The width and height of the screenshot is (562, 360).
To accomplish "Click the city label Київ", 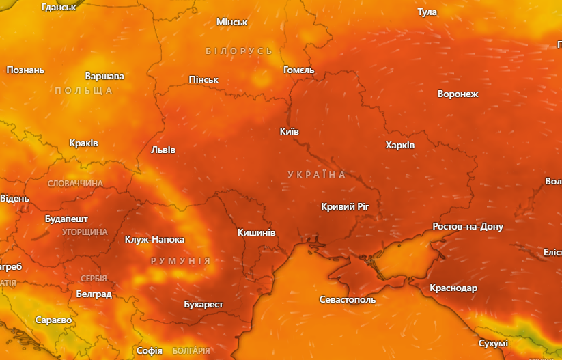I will click(290, 131).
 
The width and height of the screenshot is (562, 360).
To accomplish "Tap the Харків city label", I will click(400, 145).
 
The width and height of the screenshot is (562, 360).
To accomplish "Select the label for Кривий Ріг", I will click(348, 206).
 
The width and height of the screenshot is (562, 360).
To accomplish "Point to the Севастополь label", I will click(348, 299).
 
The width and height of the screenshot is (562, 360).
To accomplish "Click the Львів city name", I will click(163, 150).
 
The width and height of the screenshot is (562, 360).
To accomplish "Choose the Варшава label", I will click(104, 76).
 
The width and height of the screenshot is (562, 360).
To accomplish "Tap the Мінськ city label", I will click(231, 23).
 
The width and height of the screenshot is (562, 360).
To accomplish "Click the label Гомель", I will click(298, 70).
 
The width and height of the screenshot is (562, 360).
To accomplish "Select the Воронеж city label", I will click(458, 94).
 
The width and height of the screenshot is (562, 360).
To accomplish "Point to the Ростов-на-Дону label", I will click(468, 226).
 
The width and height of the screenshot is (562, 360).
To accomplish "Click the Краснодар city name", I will click(453, 288).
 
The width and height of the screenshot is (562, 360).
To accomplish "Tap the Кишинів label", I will click(257, 233).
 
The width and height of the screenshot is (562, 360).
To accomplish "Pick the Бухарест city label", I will click(203, 304).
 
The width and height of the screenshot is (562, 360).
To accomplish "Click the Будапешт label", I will click(66, 219).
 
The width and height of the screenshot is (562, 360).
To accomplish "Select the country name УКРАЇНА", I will click(317, 175).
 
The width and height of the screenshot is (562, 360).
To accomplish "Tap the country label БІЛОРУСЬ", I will click(239, 51).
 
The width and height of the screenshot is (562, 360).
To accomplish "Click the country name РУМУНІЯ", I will click(180, 261).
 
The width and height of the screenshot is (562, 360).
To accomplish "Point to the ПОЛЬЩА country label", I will click(83, 91).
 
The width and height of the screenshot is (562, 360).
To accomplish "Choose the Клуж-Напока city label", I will click(154, 239).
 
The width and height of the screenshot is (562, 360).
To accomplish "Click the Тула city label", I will click(427, 12).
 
